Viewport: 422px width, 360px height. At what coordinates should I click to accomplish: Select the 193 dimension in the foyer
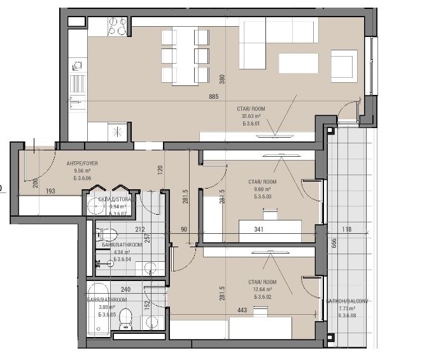[52, 191]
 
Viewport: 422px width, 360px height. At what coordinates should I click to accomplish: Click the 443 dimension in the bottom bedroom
[241, 311]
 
